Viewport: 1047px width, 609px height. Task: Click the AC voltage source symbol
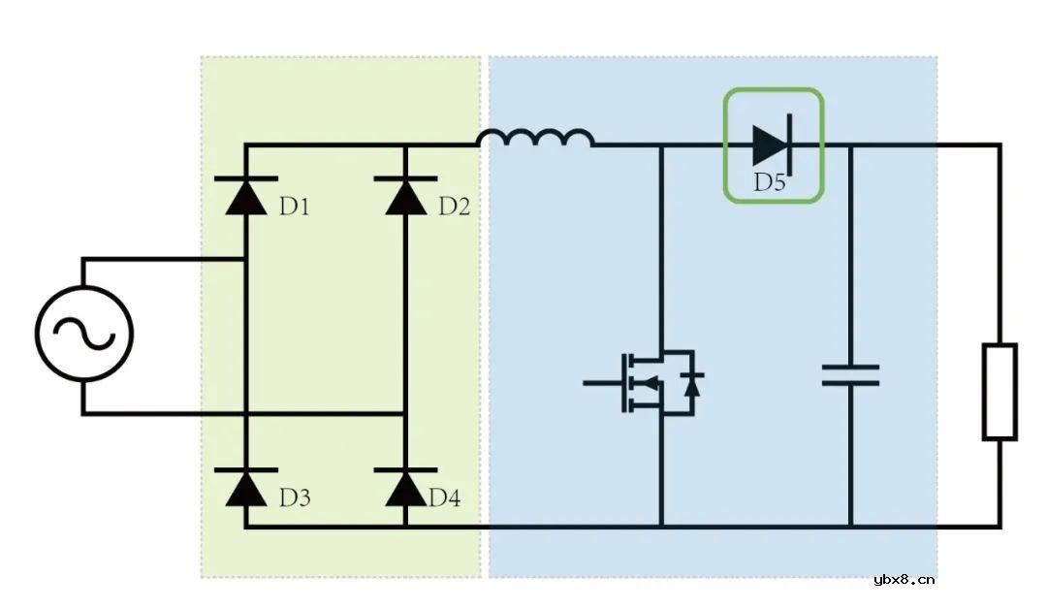(x=83, y=335)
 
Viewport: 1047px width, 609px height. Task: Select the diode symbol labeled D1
(x=245, y=195)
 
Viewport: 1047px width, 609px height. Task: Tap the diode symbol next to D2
(x=405, y=195)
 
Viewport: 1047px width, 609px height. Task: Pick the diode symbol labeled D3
(x=245, y=487)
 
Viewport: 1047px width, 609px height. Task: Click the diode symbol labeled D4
(x=405, y=487)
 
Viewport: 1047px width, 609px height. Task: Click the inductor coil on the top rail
(x=535, y=141)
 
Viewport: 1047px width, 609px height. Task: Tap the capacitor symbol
(x=850, y=375)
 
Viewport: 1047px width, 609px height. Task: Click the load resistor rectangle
(x=999, y=391)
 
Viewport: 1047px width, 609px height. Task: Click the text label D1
(x=296, y=207)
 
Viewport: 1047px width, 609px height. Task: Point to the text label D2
(x=454, y=207)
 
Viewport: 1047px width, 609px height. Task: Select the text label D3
(x=295, y=498)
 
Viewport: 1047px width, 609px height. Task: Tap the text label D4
(x=444, y=498)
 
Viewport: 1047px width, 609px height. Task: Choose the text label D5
(x=770, y=182)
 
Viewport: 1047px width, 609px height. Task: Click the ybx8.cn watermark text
(x=904, y=580)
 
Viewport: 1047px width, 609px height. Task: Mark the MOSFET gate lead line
(x=602, y=383)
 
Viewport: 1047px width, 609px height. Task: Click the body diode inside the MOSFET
(x=692, y=384)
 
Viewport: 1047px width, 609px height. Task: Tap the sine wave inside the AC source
(x=83, y=336)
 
